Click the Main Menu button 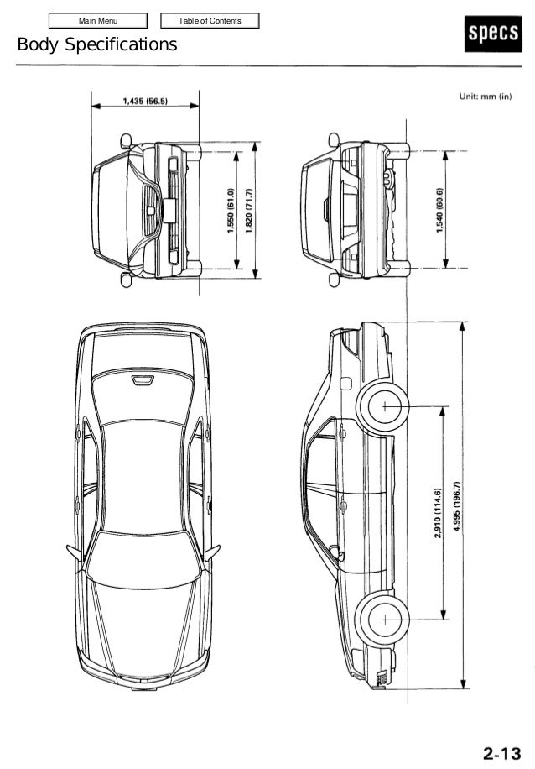pos(98,20)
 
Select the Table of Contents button pos(210,20)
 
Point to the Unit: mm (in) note pos(485,96)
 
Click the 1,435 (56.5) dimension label pos(145,102)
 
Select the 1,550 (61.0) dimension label pos(231,210)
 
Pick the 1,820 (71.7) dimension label pos(249,210)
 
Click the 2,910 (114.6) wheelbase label pos(438,514)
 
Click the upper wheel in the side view pos(384,406)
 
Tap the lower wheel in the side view pos(384,620)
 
